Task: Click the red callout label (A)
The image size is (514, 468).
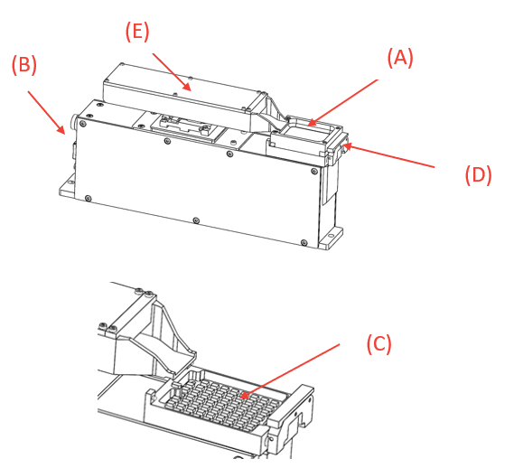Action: click(x=400, y=58)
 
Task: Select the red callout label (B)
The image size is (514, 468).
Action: click(x=24, y=64)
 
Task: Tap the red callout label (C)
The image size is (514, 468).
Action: click(x=378, y=343)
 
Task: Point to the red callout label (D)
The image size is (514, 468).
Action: click(x=478, y=174)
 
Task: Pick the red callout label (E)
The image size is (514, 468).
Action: click(x=137, y=32)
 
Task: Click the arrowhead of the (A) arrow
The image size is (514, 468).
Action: click(x=312, y=123)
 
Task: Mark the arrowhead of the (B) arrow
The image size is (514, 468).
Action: click(x=61, y=130)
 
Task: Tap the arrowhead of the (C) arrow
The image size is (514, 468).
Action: click(x=244, y=396)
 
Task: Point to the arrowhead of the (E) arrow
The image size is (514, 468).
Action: click(x=188, y=87)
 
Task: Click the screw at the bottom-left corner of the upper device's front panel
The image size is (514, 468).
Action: click(x=88, y=198)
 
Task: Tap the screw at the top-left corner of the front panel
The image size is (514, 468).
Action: click(x=83, y=123)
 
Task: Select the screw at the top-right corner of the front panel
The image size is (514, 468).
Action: click(x=314, y=171)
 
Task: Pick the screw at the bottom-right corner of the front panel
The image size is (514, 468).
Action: click(x=304, y=243)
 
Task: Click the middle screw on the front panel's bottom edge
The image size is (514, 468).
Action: click(x=196, y=220)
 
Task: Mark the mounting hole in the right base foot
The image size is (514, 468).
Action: click(x=331, y=236)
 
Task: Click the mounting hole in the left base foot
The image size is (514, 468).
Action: click(x=70, y=183)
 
